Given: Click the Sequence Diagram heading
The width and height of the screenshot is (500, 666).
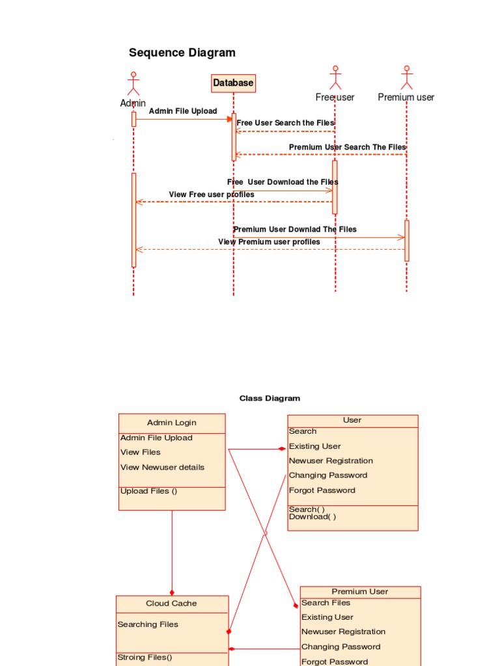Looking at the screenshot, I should coord(182,53).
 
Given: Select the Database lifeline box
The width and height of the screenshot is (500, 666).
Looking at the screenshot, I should coord(233,83).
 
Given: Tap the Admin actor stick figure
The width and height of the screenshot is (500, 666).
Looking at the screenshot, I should coord(133,83).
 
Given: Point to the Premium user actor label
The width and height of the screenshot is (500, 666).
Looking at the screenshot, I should coord(406,98).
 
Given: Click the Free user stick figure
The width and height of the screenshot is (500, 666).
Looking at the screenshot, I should coord(335,77).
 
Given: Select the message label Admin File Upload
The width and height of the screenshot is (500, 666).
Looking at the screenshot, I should coord(183,111).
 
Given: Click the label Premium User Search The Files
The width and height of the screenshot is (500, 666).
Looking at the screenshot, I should coord(347,148).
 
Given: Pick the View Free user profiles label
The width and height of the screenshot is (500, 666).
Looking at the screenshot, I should coord(212,194).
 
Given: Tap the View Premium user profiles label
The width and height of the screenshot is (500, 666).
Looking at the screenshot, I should coord(269,242).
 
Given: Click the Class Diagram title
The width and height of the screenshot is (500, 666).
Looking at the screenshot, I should coord(270,398).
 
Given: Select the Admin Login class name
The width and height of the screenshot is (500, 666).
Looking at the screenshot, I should coord(171,423).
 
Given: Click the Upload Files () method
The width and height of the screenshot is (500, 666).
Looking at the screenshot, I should coord(148,491).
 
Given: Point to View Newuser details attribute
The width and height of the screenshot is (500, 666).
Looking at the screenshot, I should coord(162,467).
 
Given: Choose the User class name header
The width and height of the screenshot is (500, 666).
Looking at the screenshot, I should coord(352,420).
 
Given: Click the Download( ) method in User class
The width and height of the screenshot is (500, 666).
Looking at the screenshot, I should coord(312,517).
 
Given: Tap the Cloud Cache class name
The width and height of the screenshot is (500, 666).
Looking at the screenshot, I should coord(171,604).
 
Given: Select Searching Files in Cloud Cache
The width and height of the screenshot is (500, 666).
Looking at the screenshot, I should coord(148,624).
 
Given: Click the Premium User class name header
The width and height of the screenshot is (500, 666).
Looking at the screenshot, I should coord(360,592).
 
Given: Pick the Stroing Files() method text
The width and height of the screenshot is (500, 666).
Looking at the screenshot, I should coord(145,658).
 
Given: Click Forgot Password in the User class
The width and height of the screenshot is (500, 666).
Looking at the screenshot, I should coord(322,490).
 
